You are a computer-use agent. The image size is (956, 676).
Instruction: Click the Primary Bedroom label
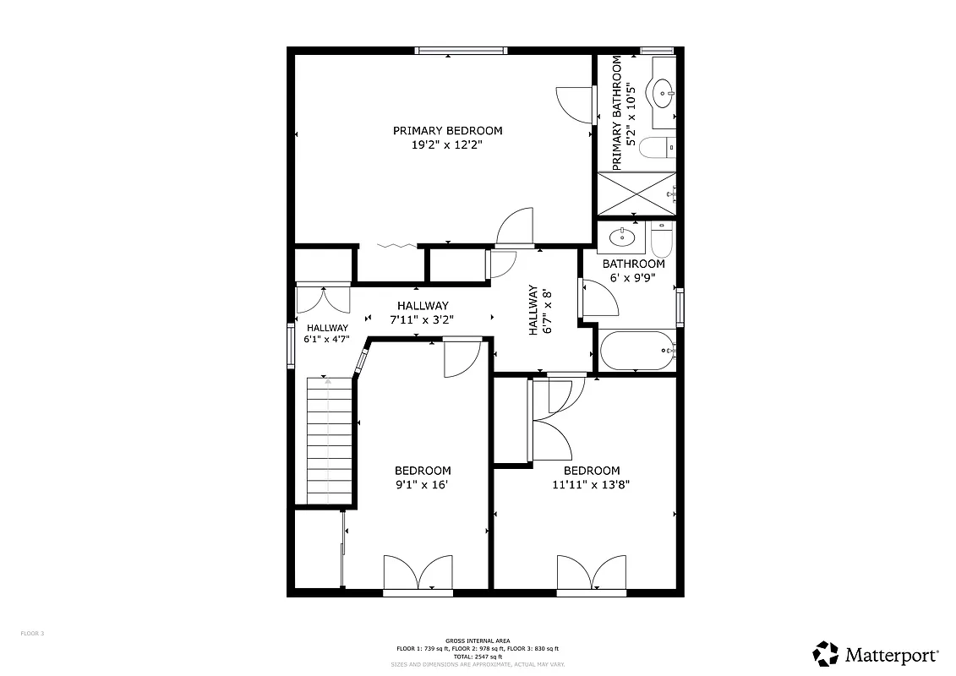click(x=447, y=131)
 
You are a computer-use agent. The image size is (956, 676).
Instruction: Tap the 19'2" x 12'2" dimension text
click(x=447, y=145)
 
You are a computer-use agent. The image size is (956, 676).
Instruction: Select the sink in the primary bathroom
click(x=662, y=90)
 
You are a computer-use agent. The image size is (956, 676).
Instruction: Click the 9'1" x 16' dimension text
click(x=423, y=485)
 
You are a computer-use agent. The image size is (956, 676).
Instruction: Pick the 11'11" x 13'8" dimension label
click(x=592, y=485)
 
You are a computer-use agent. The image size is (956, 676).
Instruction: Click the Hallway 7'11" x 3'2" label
click(x=422, y=313)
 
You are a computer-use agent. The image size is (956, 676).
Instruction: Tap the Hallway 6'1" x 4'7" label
click(x=327, y=334)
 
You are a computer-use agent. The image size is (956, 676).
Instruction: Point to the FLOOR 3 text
click(x=32, y=633)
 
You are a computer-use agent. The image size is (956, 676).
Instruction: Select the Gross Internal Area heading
click(x=478, y=641)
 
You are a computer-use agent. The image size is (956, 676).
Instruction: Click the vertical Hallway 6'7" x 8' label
click(x=540, y=309)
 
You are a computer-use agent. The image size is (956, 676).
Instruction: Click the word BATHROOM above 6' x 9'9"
click(x=633, y=264)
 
